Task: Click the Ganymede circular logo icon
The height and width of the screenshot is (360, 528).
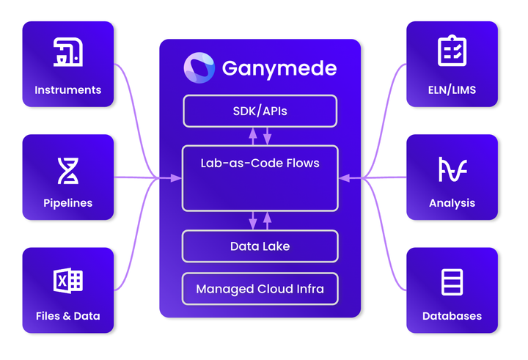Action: point(199,67)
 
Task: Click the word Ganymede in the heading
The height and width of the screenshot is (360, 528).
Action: point(279,69)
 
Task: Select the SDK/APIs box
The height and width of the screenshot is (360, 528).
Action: point(260,111)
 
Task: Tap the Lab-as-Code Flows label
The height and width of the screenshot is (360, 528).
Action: point(260,163)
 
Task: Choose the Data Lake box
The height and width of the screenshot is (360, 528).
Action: point(260,246)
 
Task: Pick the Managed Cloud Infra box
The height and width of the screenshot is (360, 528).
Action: point(260,289)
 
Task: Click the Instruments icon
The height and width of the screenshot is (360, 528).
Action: point(67,54)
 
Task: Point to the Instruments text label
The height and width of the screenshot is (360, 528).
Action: point(67,90)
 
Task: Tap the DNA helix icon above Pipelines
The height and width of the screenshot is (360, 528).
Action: point(67,170)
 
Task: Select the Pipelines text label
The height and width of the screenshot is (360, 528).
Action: point(67,203)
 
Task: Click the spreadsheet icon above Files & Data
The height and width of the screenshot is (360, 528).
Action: point(67,280)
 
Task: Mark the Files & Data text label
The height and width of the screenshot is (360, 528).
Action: point(67,316)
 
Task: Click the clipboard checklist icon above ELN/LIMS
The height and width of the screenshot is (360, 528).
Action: point(452,52)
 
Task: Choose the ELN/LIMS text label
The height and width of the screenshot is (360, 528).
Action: point(452,90)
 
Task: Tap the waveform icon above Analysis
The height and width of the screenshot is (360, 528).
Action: point(452,169)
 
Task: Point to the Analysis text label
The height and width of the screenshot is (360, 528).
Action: point(452,203)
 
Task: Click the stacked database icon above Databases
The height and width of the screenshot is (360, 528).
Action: point(452,282)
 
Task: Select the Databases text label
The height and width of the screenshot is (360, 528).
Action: point(452,316)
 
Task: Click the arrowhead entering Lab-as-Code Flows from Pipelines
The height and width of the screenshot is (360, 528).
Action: point(177,177)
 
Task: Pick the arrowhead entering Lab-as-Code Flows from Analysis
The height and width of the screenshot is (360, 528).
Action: point(343,177)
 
